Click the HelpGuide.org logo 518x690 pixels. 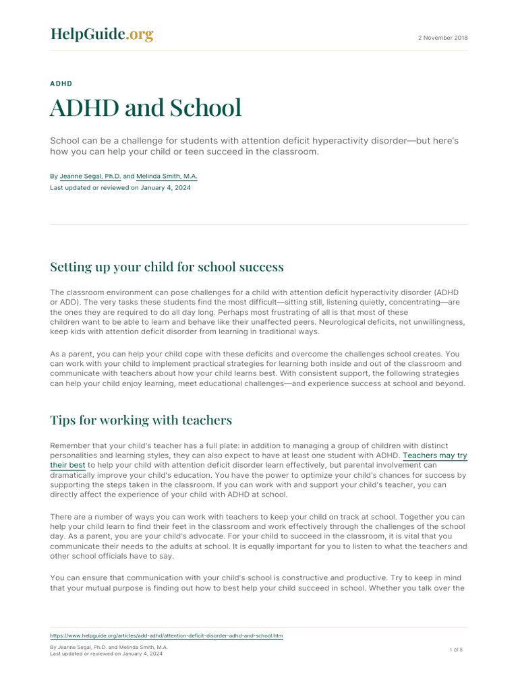tap(102, 34)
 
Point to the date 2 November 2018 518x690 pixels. tap(443, 38)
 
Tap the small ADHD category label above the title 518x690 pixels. tap(61, 84)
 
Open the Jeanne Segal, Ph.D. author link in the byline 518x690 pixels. tap(90, 176)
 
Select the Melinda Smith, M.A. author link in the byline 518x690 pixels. tap(167, 176)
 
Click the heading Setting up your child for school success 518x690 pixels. tap(167, 267)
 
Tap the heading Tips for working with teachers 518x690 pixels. tap(141, 420)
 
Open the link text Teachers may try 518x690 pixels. tap(434, 456)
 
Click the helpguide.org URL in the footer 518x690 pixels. tap(167, 635)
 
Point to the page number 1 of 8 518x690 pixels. tap(456, 650)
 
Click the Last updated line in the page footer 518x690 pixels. tap(106, 654)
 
